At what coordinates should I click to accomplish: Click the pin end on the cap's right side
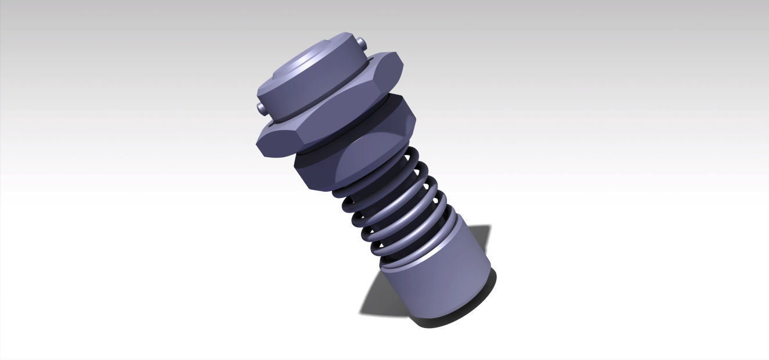point(362,43)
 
